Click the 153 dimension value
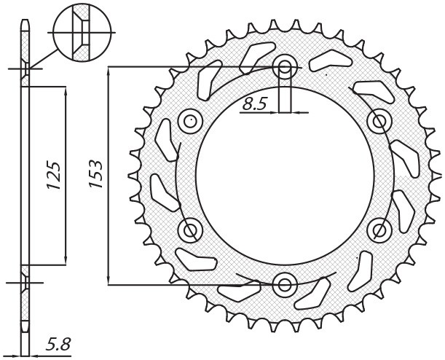(x=95, y=176)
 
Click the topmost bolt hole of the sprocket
(x=285, y=68)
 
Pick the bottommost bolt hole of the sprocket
(x=285, y=283)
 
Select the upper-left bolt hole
(x=192, y=120)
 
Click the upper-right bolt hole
(x=379, y=120)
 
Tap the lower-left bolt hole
(x=192, y=230)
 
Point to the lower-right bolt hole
(x=379, y=230)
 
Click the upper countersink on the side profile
(x=25, y=71)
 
